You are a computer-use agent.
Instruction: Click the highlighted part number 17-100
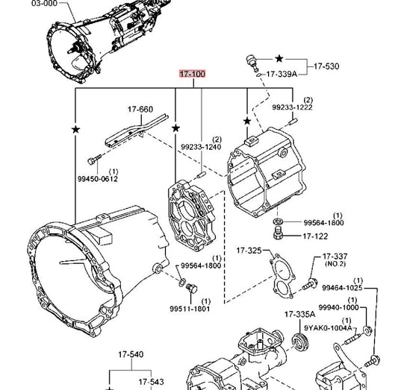192,74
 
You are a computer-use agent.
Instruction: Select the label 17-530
326,66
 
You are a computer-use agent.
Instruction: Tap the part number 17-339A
282,74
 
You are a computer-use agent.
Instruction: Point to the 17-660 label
140,109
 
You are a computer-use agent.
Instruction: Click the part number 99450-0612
98,179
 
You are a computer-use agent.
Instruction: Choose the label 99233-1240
201,147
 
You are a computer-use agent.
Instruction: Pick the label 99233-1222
293,107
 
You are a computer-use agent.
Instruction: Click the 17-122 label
315,236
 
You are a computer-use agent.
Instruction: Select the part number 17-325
249,251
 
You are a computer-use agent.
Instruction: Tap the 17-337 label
335,257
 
